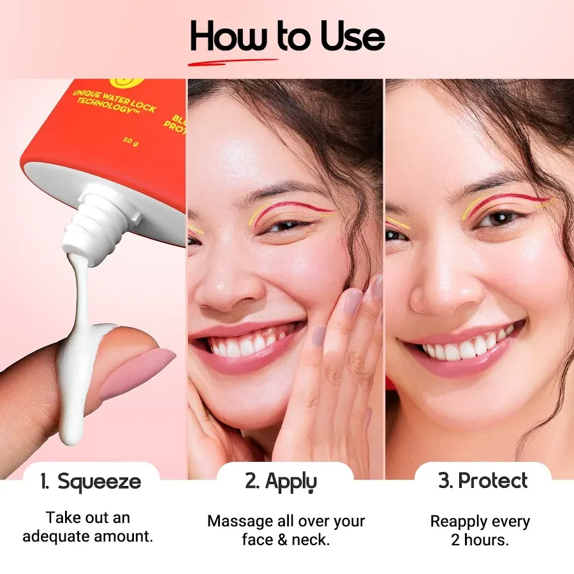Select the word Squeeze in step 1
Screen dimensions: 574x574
point(99,482)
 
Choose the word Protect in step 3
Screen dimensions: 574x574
point(494,481)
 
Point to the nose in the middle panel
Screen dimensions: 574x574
point(220,287)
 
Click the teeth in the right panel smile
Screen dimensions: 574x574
point(469,348)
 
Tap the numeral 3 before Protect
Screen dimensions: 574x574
point(445,482)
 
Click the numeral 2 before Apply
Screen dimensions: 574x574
point(251,482)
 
